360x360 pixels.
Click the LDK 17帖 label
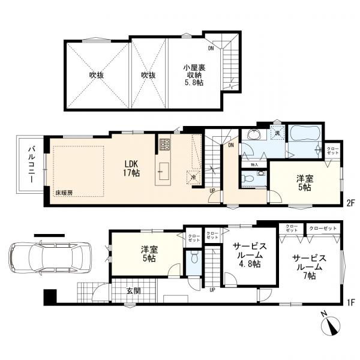coord(131,168)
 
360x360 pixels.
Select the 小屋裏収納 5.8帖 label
coord(194,75)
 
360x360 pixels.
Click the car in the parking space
coord(50,258)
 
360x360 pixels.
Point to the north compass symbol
coord(331,325)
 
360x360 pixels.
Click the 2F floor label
coord(351,203)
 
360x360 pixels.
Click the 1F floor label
coord(351,301)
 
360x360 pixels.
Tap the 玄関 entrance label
coord(133,291)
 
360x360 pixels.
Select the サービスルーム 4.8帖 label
coord(250,255)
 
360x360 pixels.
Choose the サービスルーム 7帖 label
coord(309,267)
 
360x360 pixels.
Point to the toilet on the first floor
coord(194,257)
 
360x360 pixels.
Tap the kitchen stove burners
coord(164,145)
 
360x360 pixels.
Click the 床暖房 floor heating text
coord(64,193)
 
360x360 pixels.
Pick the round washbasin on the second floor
coord(254,134)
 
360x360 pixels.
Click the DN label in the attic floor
coord(211,48)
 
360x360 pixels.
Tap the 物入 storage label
coord(254,164)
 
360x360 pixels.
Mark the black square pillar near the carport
coord(50,296)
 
